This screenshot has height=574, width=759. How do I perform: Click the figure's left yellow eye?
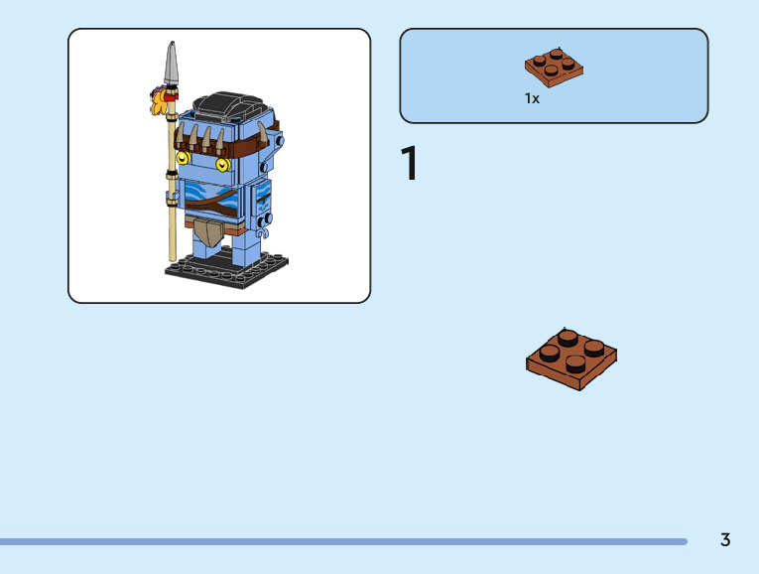(183, 157)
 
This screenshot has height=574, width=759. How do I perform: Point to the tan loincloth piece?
(207, 234)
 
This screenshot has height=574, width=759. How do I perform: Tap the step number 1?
(409, 164)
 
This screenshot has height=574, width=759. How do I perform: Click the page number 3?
(725, 540)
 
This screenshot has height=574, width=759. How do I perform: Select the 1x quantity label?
(532, 98)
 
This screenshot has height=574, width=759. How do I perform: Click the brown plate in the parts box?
(554, 67)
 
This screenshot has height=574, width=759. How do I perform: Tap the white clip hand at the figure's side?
(265, 217)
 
